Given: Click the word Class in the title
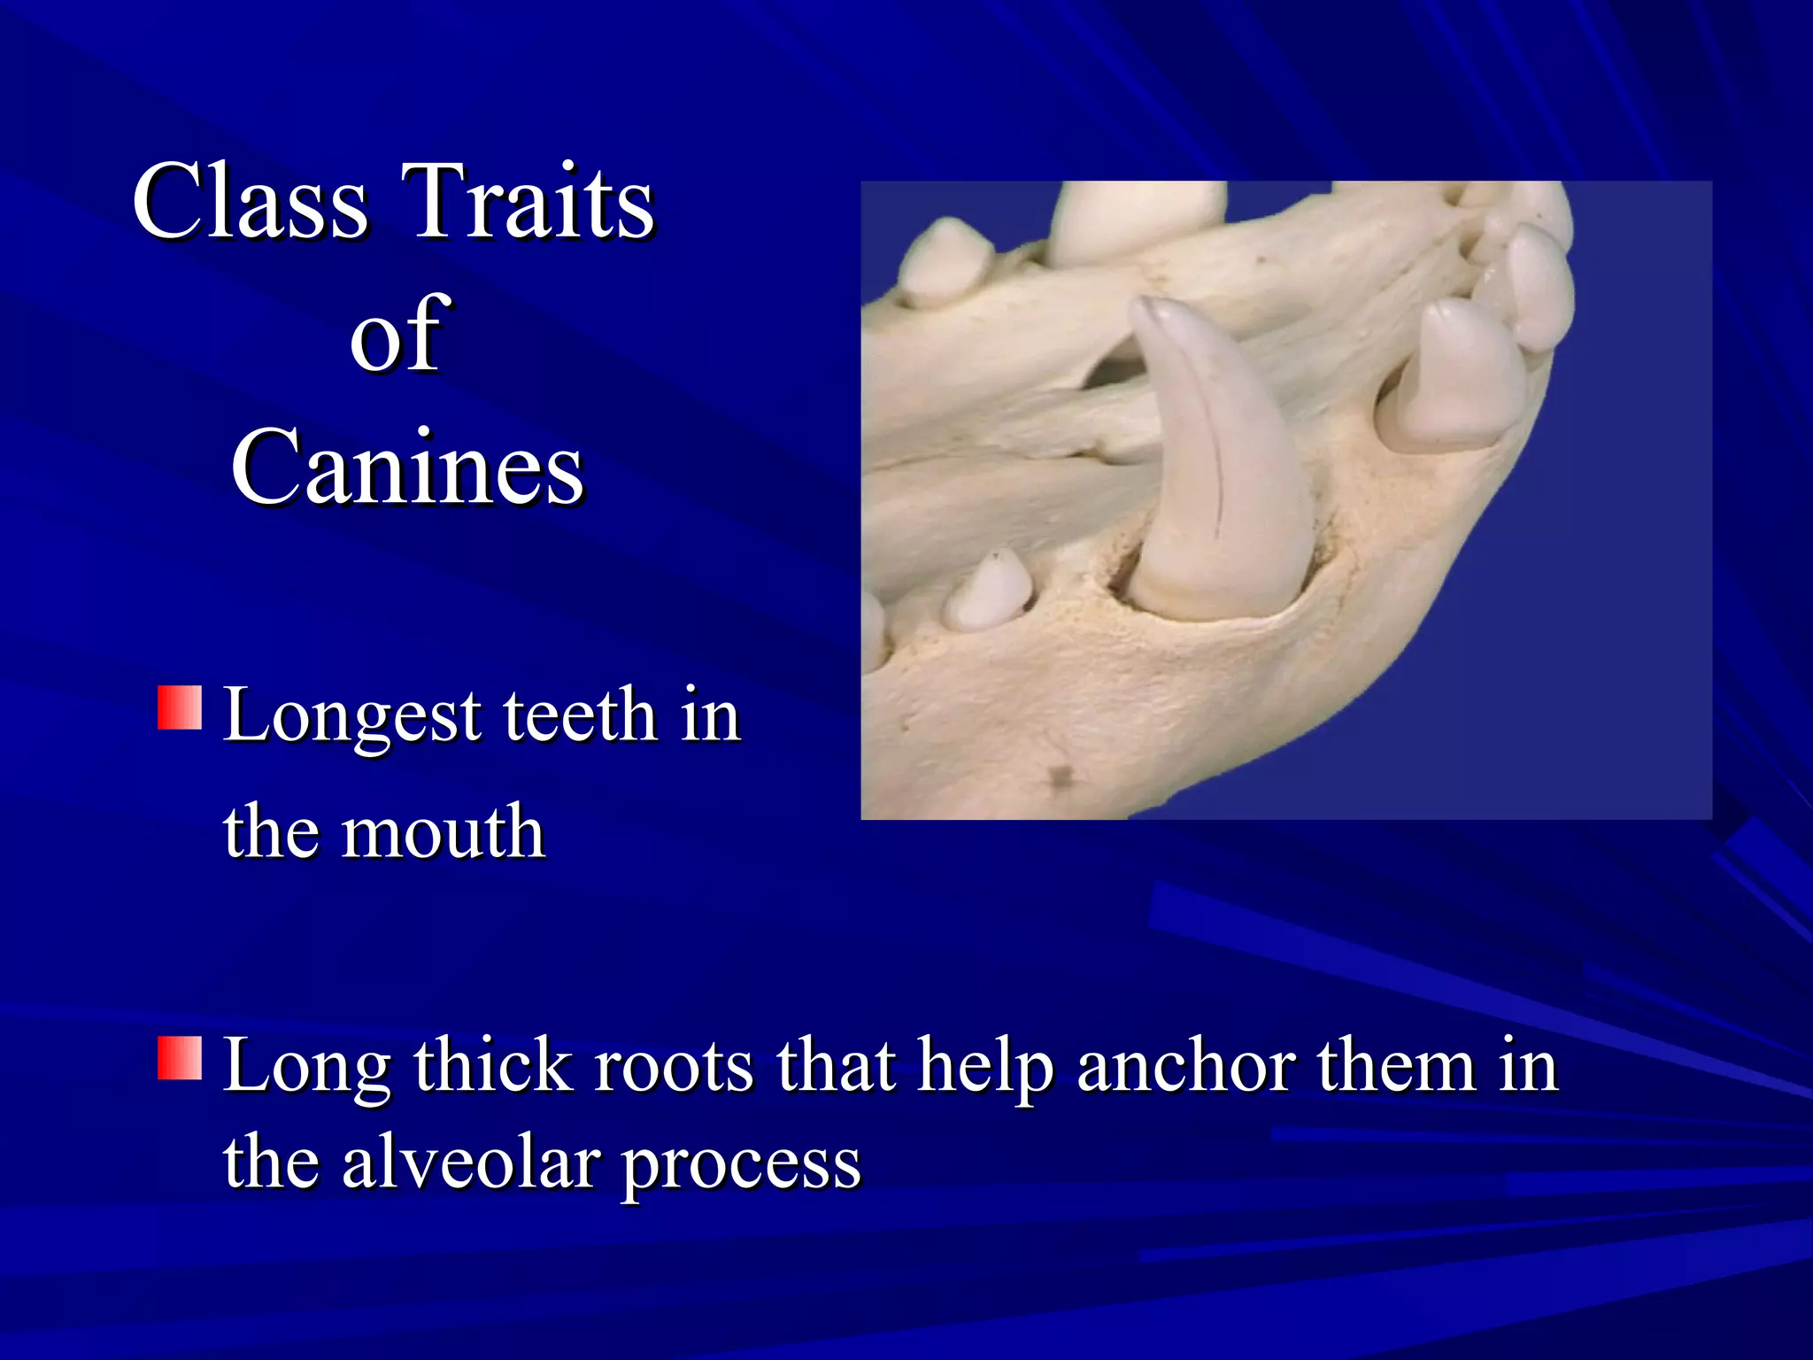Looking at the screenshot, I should pyautogui.click(x=250, y=202).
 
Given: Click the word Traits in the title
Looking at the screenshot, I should pyautogui.click(x=528, y=202).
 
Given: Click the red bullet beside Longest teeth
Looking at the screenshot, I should pyautogui.click(x=180, y=708).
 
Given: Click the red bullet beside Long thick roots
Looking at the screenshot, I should pyautogui.click(x=180, y=1059).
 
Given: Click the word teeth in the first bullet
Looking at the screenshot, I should pyautogui.click(x=580, y=715).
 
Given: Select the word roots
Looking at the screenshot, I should pyautogui.click(x=675, y=1066).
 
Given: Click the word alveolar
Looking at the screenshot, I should pyautogui.click(x=471, y=1163).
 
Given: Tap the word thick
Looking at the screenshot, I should pyautogui.click(x=493, y=1066).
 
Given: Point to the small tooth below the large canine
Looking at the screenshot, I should pyautogui.click(x=990, y=591).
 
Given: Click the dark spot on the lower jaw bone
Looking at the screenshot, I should pyautogui.click(x=1059, y=777).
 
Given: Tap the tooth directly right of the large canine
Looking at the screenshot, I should pyautogui.click(x=1452, y=376).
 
